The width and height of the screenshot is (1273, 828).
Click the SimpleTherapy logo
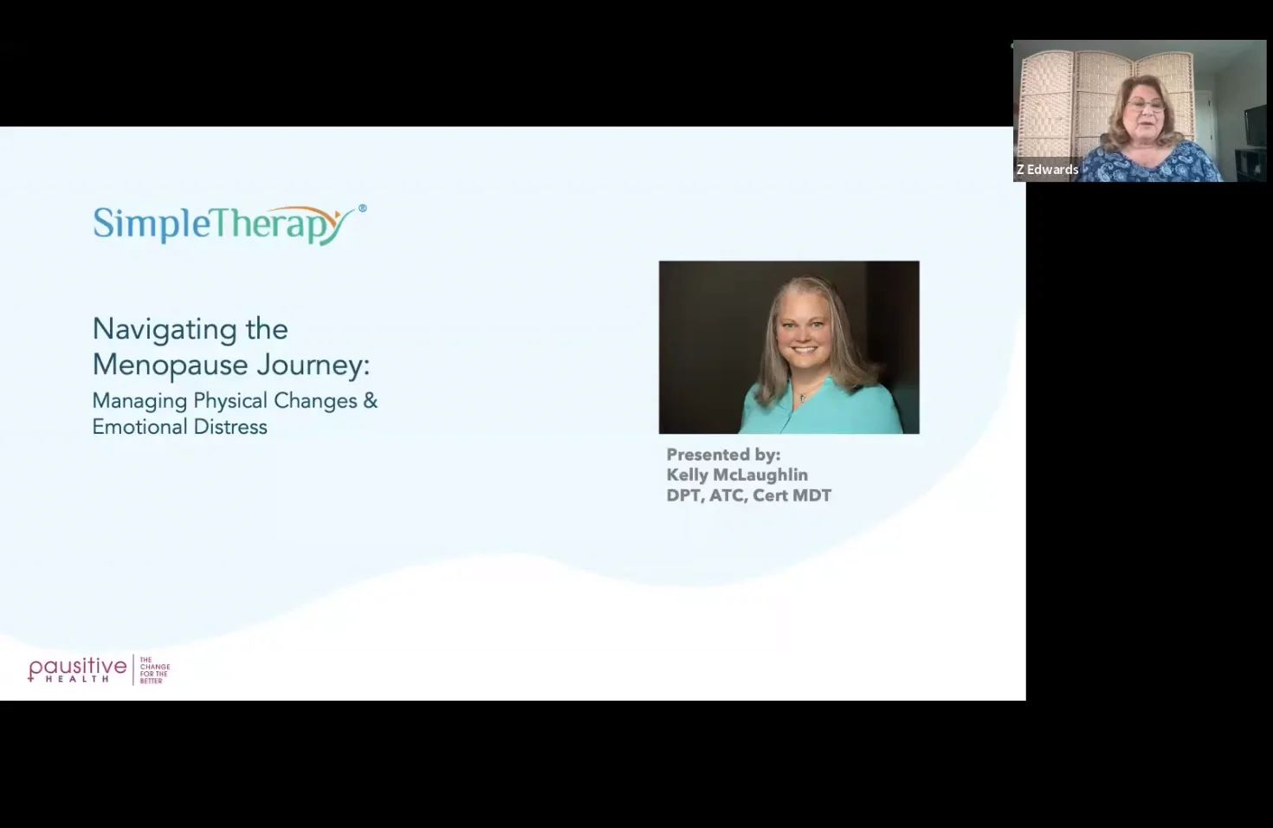(x=223, y=224)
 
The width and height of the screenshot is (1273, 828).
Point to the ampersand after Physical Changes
(x=371, y=401)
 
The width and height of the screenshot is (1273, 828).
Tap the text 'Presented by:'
(x=723, y=455)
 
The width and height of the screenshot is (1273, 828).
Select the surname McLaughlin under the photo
(x=761, y=475)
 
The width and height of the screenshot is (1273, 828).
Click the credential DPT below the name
(x=683, y=495)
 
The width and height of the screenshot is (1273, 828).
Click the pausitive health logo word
(x=77, y=669)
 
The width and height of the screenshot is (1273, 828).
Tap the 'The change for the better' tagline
(x=154, y=670)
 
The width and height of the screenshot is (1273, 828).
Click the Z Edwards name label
(x=1047, y=170)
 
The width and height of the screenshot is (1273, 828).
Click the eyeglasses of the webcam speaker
(x=1145, y=106)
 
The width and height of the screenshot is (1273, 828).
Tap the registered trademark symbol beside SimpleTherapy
(x=362, y=208)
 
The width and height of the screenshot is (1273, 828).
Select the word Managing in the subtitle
(x=139, y=401)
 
